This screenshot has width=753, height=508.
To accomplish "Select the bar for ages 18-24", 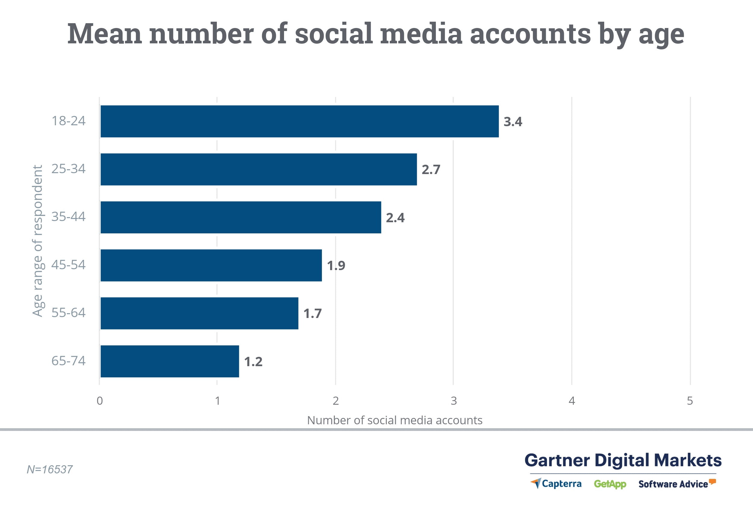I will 299,121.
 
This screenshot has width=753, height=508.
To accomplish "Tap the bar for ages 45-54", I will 211,265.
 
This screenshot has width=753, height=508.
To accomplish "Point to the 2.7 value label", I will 431,170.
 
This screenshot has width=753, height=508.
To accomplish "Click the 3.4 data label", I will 513,121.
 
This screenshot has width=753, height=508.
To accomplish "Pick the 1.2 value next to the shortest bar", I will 253,362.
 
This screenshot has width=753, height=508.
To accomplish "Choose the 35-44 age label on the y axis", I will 68,217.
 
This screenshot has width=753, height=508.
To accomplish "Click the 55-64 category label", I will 68,313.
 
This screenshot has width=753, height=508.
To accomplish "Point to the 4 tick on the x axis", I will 572,401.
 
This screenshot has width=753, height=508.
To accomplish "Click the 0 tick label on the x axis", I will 100,401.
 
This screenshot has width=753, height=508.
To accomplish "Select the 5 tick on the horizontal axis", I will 690,401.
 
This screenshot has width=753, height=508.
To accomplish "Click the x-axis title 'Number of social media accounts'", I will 395,420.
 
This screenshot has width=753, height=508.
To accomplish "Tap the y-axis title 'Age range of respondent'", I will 38,241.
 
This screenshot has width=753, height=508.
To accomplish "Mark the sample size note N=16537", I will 50,469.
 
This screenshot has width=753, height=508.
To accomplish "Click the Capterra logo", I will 556,484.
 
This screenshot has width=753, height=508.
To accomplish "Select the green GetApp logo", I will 610,484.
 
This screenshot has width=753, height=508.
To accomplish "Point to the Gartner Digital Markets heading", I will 623,460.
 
